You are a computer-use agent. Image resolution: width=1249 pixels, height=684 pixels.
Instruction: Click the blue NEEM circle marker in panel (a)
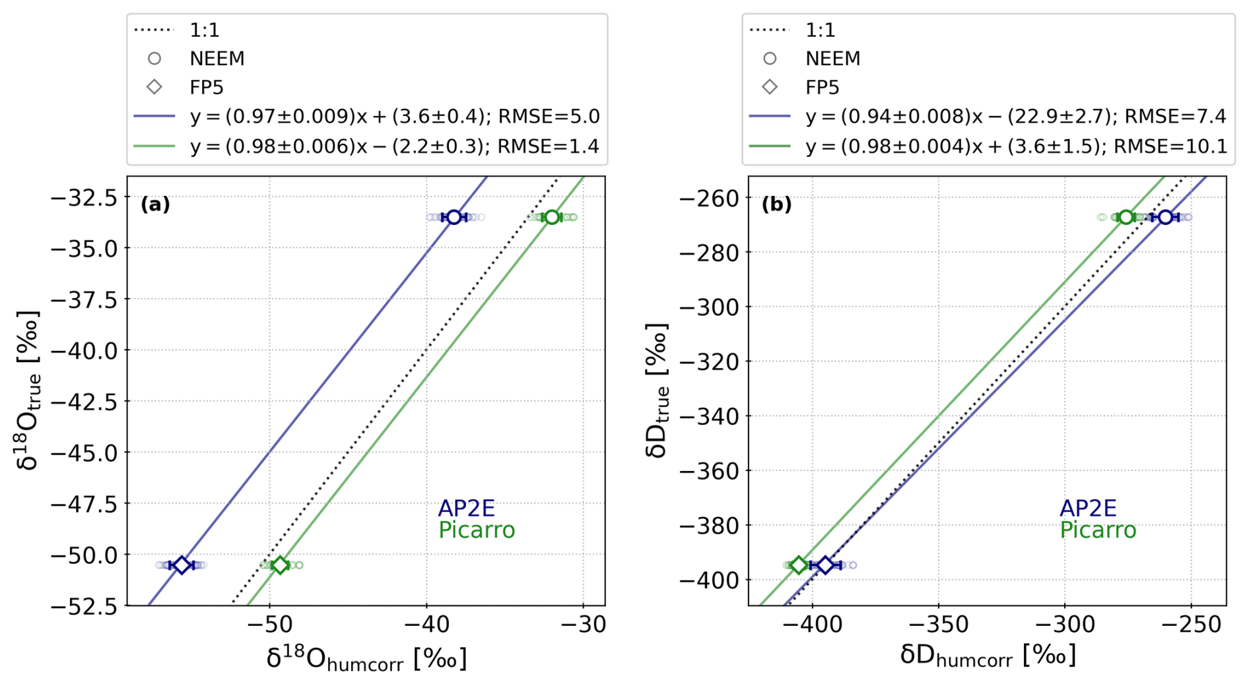coord(454,217)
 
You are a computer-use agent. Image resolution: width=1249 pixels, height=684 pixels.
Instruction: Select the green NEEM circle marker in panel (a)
coord(552,217)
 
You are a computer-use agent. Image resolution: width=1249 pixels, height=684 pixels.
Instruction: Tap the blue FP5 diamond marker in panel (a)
coord(181,565)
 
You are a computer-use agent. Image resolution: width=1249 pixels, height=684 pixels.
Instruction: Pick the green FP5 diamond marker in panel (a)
coord(281,565)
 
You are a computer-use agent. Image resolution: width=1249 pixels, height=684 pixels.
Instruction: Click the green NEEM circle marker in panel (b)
coord(1126,217)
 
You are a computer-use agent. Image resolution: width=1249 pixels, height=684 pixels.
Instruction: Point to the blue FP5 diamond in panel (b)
coord(825,565)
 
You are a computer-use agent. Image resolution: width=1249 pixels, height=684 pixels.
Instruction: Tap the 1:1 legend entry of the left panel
coord(204,30)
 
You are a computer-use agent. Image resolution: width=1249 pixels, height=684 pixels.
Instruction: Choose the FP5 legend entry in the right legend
coord(822,88)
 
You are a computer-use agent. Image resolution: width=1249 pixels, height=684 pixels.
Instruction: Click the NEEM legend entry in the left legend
coord(217,59)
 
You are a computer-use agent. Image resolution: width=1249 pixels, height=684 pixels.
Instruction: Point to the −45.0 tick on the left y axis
coord(85,453)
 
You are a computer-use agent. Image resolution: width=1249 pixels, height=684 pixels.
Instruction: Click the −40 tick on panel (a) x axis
coord(426,624)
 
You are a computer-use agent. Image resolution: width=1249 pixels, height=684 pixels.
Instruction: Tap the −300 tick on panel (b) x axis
coord(1064,624)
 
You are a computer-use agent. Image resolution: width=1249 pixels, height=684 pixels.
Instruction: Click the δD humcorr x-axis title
coord(988,656)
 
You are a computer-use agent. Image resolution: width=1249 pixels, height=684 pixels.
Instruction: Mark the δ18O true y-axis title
coord(28,390)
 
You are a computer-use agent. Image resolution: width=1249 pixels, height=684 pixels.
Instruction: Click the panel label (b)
coord(776,204)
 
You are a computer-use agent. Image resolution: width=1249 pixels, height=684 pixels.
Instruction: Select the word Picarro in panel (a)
coord(476,530)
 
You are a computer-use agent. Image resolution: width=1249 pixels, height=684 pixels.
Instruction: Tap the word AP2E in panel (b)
coord(1087,508)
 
